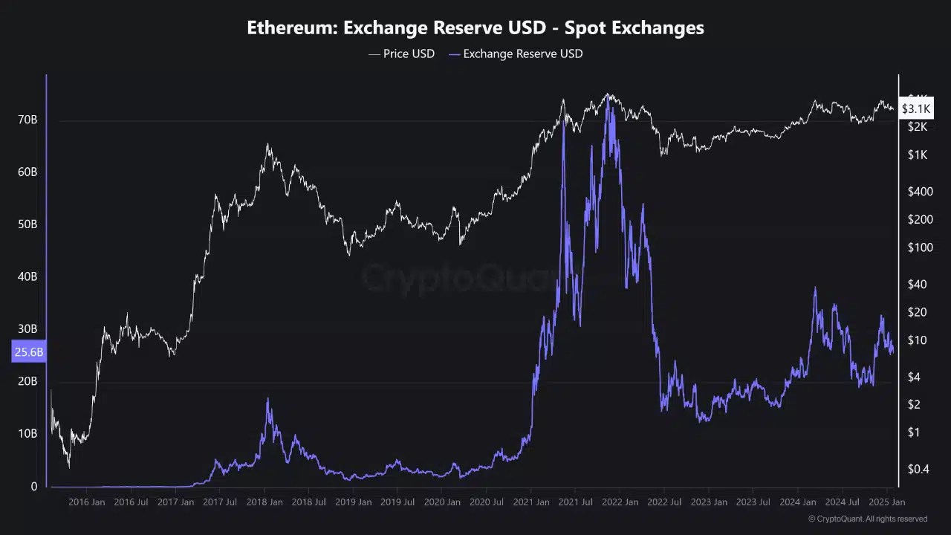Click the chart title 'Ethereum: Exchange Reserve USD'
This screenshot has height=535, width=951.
click(475, 28)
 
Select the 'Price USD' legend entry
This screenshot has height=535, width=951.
click(402, 53)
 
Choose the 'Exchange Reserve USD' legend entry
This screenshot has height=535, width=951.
click(516, 53)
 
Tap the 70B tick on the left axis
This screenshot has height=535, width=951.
click(27, 120)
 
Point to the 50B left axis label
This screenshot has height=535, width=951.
click(27, 224)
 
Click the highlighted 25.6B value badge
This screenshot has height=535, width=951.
click(29, 352)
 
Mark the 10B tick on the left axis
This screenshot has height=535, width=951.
click(27, 433)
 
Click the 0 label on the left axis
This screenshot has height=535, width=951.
click(33, 487)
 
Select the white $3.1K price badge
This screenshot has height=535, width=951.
click(915, 109)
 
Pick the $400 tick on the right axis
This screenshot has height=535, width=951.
click(919, 192)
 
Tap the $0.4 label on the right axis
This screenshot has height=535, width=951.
click(919, 468)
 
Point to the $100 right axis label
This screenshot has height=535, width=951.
click(919, 247)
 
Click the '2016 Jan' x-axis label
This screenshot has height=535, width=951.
click(87, 502)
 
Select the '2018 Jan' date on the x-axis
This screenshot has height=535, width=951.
click(264, 502)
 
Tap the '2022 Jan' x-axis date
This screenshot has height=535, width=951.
click(620, 502)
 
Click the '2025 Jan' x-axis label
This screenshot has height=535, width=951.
click(887, 502)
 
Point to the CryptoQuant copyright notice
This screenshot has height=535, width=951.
click(868, 519)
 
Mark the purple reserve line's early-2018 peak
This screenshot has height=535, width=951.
click(268, 400)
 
